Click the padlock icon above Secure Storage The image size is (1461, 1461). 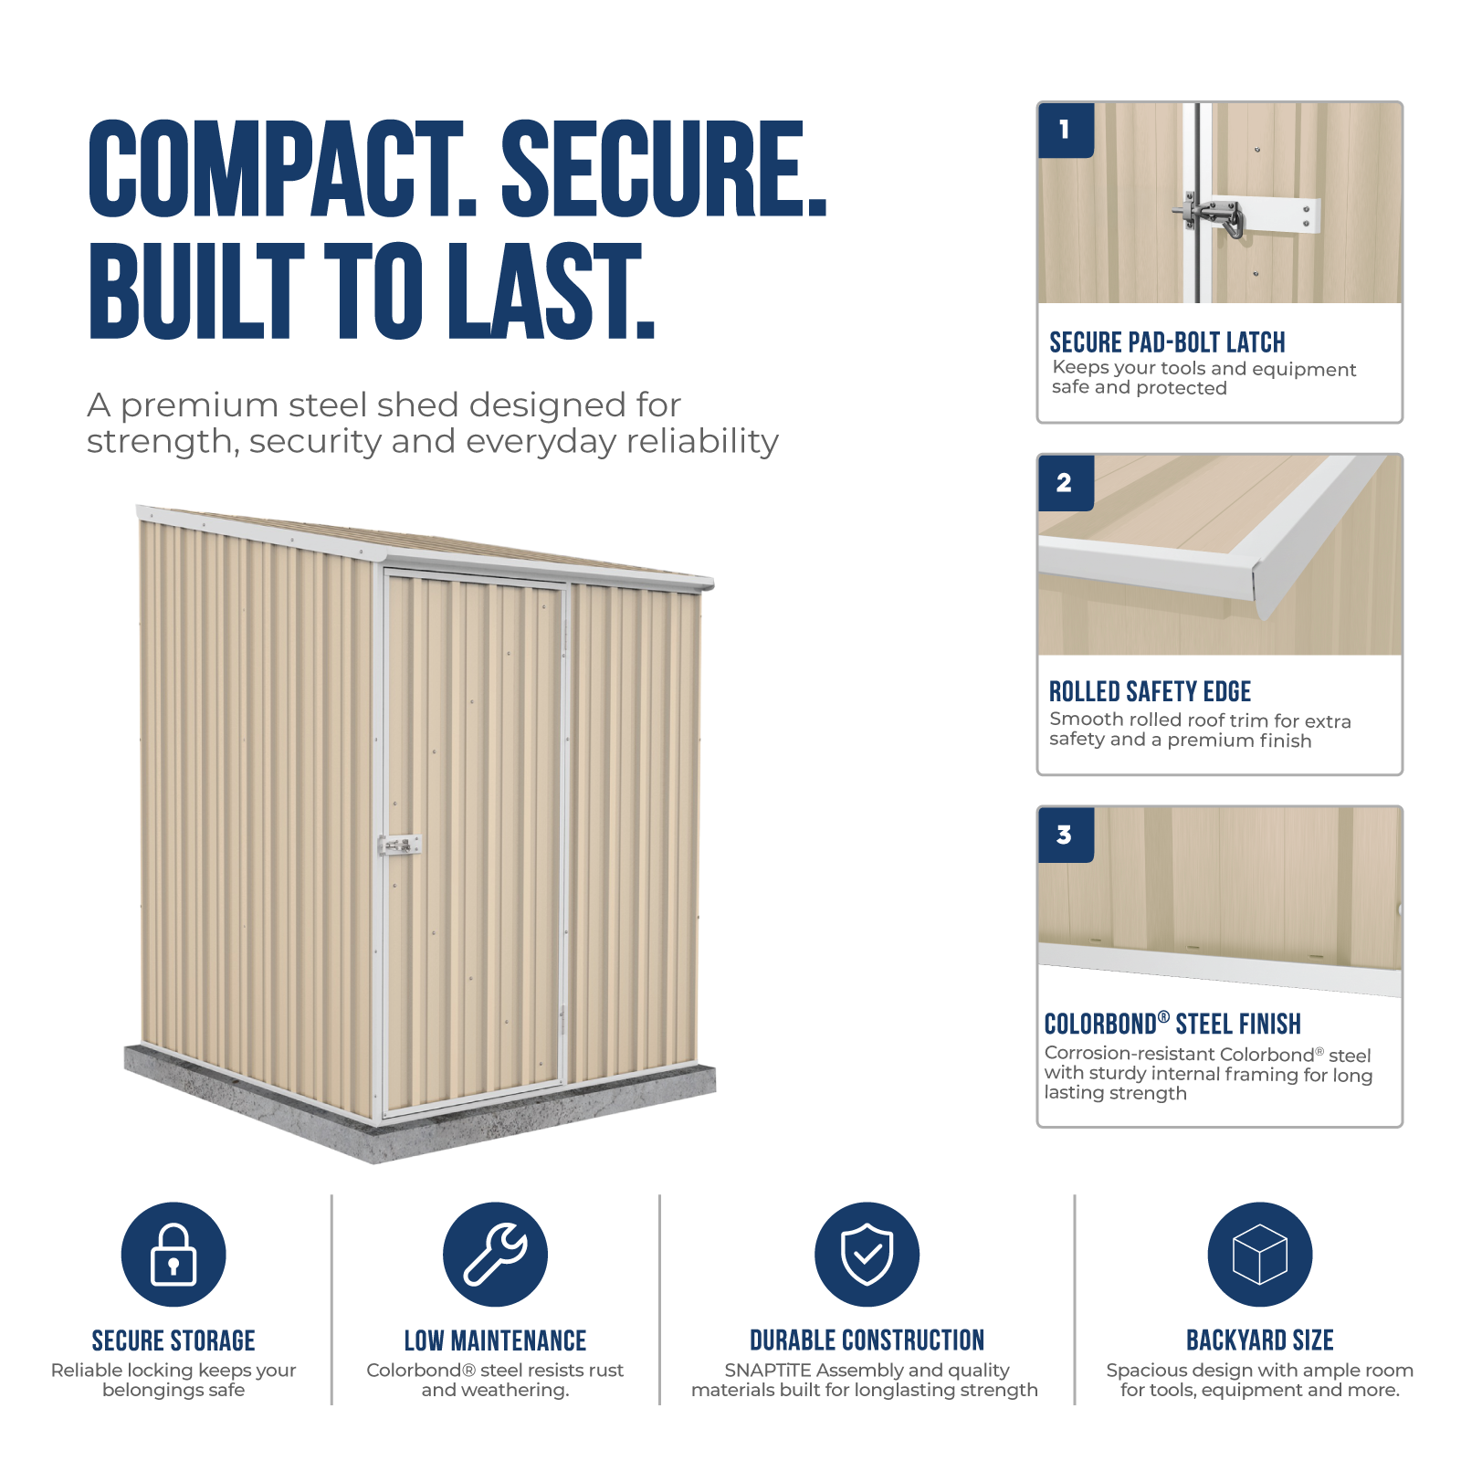[x=173, y=1254]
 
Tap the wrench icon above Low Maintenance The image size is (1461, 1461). [x=495, y=1254]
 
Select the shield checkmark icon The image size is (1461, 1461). [x=867, y=1254]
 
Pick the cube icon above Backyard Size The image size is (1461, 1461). [x=1260, y=1254]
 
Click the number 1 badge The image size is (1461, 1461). [x=1066, y=131]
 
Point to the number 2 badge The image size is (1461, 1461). [x=1066, y=483]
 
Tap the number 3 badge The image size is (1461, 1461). [x=1066, y=835]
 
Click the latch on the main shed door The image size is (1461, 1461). [x=400, y=846]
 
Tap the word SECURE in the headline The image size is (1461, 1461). [x=664, y=170]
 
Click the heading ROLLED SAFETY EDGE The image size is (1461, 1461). [x=1150, y=691]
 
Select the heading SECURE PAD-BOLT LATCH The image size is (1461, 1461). [x=1167, y=342]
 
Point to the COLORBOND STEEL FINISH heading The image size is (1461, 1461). [x=1172, y=1024]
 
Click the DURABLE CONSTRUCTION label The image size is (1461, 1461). [x=867, y=1340]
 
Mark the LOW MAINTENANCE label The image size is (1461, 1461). [x=495, y=1340]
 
